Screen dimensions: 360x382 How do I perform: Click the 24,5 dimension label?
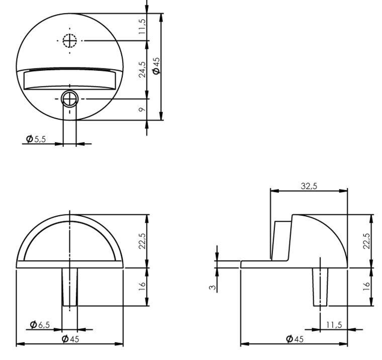click(x=142, y=69)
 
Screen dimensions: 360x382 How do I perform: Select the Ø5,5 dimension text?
click(x=36, y=139)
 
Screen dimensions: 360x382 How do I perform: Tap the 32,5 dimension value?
click(x=309, y=186)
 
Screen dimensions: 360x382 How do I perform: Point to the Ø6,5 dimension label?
click(x=40, y=325)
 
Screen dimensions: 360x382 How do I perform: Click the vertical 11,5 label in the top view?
click(x=142, y=26)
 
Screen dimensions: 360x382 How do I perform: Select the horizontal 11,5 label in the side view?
click(x=333, y=325)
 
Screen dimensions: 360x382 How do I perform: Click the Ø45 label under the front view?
click(x=70, y=339)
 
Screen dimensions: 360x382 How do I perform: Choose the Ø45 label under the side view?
click(x=295, y=339)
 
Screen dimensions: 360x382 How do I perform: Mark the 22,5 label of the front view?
click(x=142, y=241)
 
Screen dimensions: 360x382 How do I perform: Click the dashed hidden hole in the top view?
click(x=69, y=40)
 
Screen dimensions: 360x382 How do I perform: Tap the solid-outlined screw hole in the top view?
click(x=69, y=99)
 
